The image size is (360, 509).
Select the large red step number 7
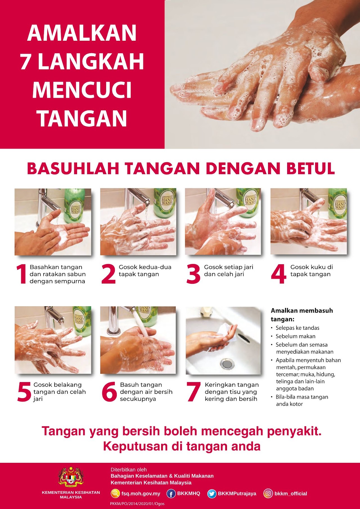pyautogui.click(x=193, y=391)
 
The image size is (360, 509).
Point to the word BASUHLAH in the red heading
pyautogui.click(x=73, y=168)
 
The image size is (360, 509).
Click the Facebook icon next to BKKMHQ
pyautogui.click(x=171, y=494)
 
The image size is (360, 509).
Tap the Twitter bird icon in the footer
pyautogui.click(x=211, y=494)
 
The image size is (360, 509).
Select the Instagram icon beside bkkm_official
pyautogui.click(x=268, y=494)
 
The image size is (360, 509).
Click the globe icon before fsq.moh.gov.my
pyautogui.click(x=115, y=493)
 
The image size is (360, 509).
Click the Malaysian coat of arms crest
pyautogui.click(x=71, y=477)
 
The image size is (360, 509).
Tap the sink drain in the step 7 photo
pyautogui.click(x=227, y=363)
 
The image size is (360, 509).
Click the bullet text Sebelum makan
pyautogui.click(x=296, y=336)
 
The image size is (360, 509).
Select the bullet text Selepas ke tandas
pyautogui.click(x=298, y=328)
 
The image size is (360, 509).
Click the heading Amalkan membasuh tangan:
pyautogui.click(x=302, y=315)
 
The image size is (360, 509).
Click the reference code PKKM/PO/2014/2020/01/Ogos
pyautogui.click(x=137, y=504)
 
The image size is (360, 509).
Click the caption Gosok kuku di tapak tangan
pyautogui.click(x=312, y=271)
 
